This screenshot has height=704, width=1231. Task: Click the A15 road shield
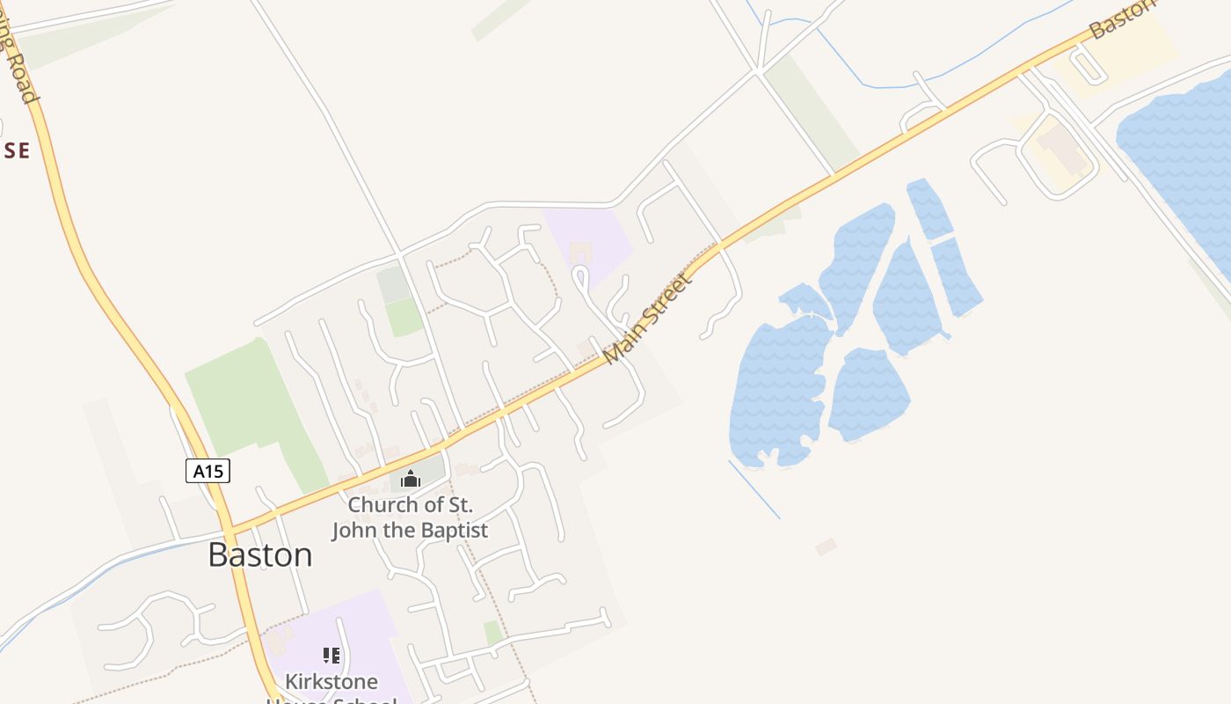[208, 471]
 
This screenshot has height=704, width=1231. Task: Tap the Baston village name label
[260, 555]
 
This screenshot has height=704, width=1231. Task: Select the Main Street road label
[649, 319]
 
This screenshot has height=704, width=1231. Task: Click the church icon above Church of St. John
[410, 479]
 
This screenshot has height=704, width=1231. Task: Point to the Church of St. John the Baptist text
[410, 517]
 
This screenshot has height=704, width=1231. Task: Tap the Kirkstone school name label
[331, 682]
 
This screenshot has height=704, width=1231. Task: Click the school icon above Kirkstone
[331, 655]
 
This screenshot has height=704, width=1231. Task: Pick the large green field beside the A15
[242, 405]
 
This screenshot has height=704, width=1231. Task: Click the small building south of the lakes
[826, 546]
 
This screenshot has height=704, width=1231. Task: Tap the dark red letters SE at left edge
[16, 150]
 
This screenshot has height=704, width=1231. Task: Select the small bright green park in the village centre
[404, 317]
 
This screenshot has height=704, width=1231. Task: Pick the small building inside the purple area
[580, 254]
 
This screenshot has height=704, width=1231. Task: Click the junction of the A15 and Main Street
[229, 530]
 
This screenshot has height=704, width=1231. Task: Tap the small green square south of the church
[493, 632]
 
